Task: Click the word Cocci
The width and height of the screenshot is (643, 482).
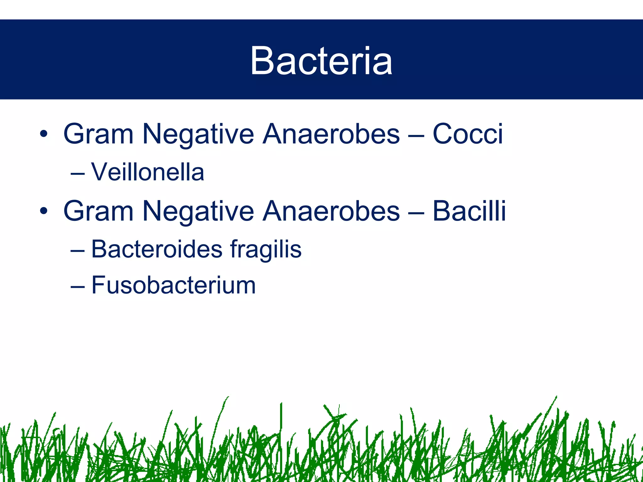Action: [468, 134]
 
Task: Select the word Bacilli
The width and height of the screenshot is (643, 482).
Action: [469, 211]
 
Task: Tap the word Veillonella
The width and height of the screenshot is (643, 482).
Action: [148, 172]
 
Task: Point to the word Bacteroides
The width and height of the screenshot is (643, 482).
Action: [157, 249]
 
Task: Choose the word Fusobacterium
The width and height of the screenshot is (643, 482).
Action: [173, 285]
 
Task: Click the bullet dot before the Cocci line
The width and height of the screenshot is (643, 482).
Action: [44, 134]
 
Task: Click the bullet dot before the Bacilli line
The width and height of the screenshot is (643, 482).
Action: [44, 212]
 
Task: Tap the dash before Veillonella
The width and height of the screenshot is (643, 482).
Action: [78, 174]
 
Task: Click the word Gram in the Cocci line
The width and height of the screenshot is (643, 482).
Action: [99, 134]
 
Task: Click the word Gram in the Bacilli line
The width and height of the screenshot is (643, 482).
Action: [99, 211]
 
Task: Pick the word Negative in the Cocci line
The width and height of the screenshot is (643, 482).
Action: [198, 134]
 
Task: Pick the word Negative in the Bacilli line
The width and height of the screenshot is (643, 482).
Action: [198, 211]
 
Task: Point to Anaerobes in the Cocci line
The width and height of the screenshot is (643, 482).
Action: [331, 134]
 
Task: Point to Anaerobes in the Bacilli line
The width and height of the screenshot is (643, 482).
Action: [331, 211]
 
